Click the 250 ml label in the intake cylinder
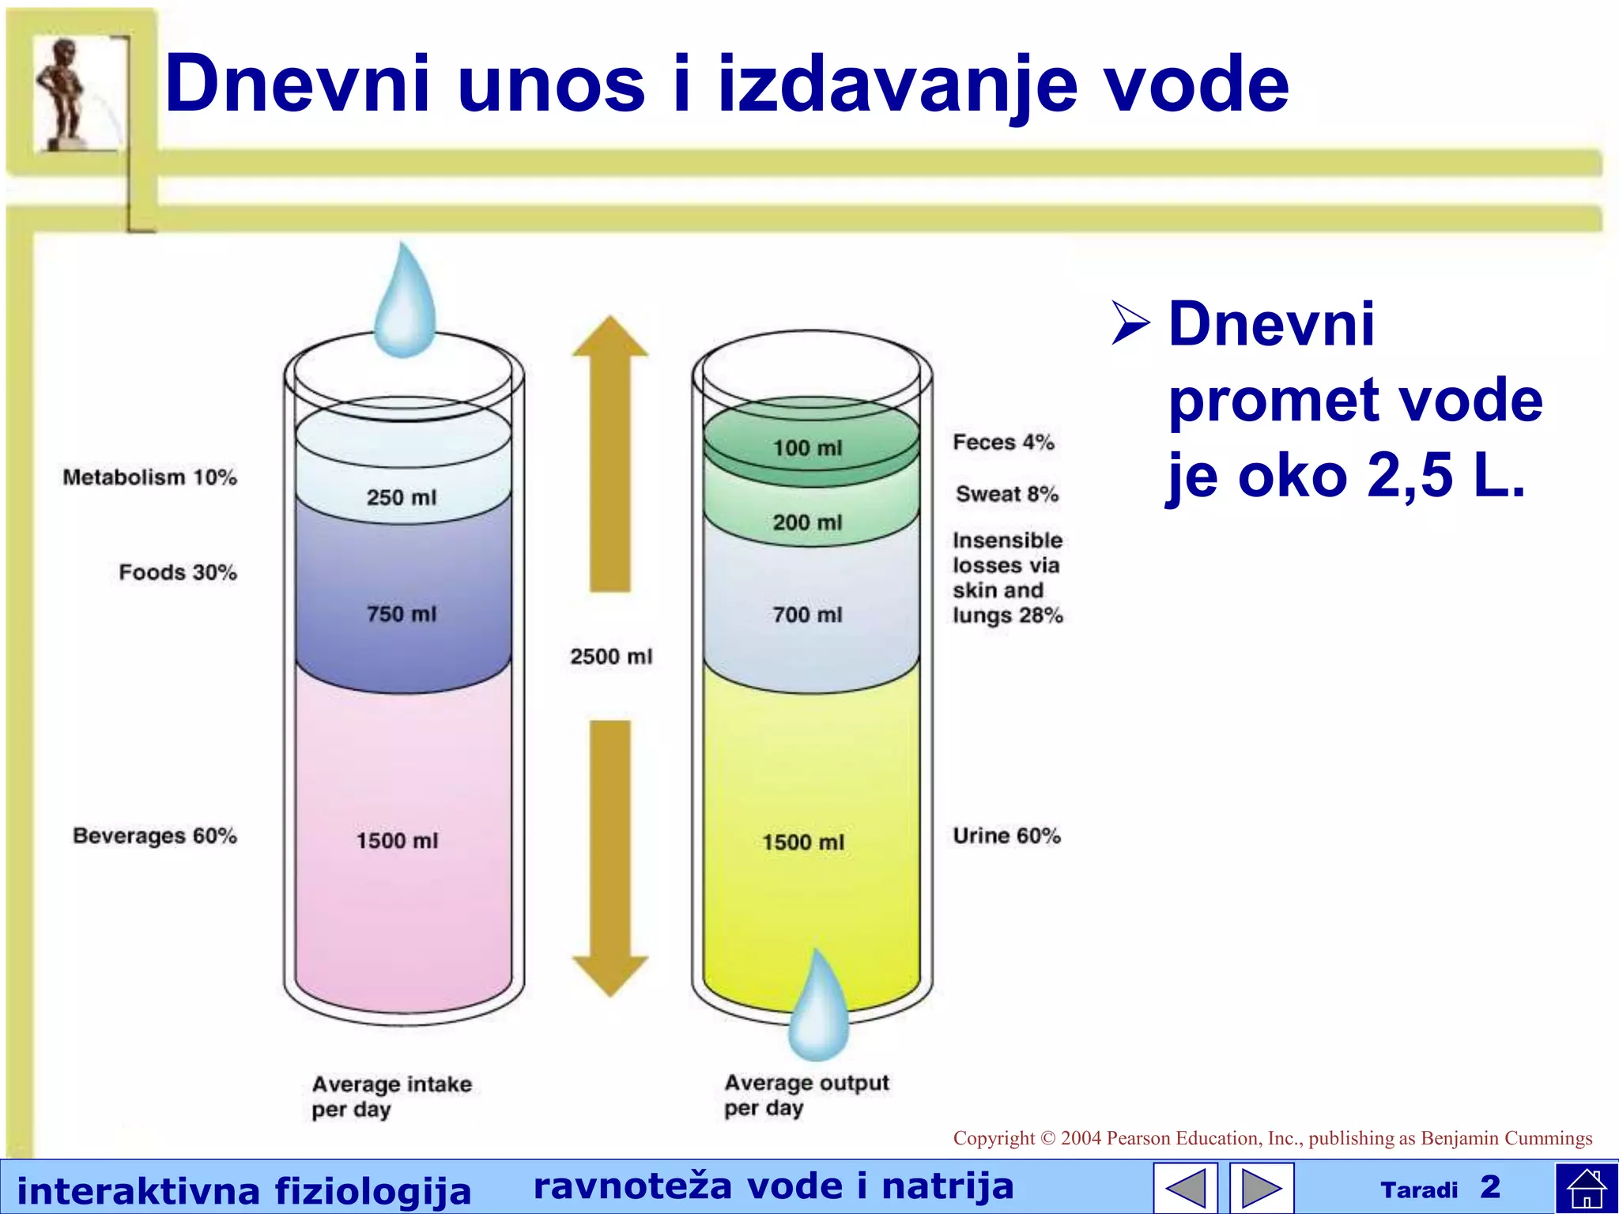[x=401, y=497]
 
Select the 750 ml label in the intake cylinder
[x=401, y=613]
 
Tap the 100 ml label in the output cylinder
[x=807, y=448]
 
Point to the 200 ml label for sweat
[x=807, y=522]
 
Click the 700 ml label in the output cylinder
[x=807, y=614]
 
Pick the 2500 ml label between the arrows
[x=611, y=656]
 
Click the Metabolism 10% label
[x=150, y=477]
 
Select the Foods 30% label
[x=178, y=572]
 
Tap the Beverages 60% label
[x=155, y=835]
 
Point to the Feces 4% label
[x=1003, y=442]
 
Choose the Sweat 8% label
[x=1006, y=494]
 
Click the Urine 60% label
[x=1006, y=835]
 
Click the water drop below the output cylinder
[x=819, y=1008]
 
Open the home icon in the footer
[x=1586, y=1188]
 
